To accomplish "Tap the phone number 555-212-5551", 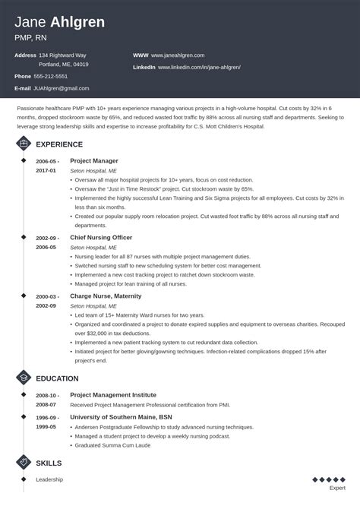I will pyautogui.click(x=50, y=76).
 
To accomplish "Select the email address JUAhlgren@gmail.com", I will pyautogui.click(x=61, y=88).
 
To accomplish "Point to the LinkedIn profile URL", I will pyautogui.click(x=200, y=67).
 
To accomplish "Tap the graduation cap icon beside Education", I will pyautogui.click(x=24, y=378).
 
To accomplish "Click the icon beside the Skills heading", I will pyautogui.click(x=24, y=463).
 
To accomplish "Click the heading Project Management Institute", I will pyautogui.click(x=113, y=395).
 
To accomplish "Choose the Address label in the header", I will pyautogui.click(x=25, y=55).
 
